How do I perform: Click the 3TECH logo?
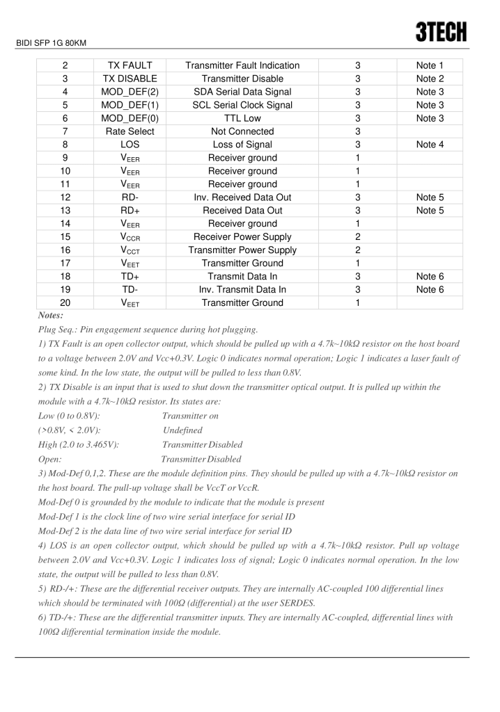(442, 31)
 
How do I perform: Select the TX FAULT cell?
(131, 65)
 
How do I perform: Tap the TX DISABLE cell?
(131, 79)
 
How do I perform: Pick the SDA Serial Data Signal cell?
(242, 92)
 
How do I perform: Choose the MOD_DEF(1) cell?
(131, 105)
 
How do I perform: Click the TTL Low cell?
(242, 118)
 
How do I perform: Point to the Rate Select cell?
(131, 131)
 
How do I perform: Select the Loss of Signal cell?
(242, 145)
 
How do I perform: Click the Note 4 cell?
(430, 145)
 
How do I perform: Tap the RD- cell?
(131, 197)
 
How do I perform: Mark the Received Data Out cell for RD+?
(242, 211)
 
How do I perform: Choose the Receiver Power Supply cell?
(242, 237)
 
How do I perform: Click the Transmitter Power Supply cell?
(242, 250)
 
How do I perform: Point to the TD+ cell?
(131, 277)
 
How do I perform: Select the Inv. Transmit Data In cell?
(242, 290)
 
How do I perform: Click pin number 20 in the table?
(64, 303)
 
